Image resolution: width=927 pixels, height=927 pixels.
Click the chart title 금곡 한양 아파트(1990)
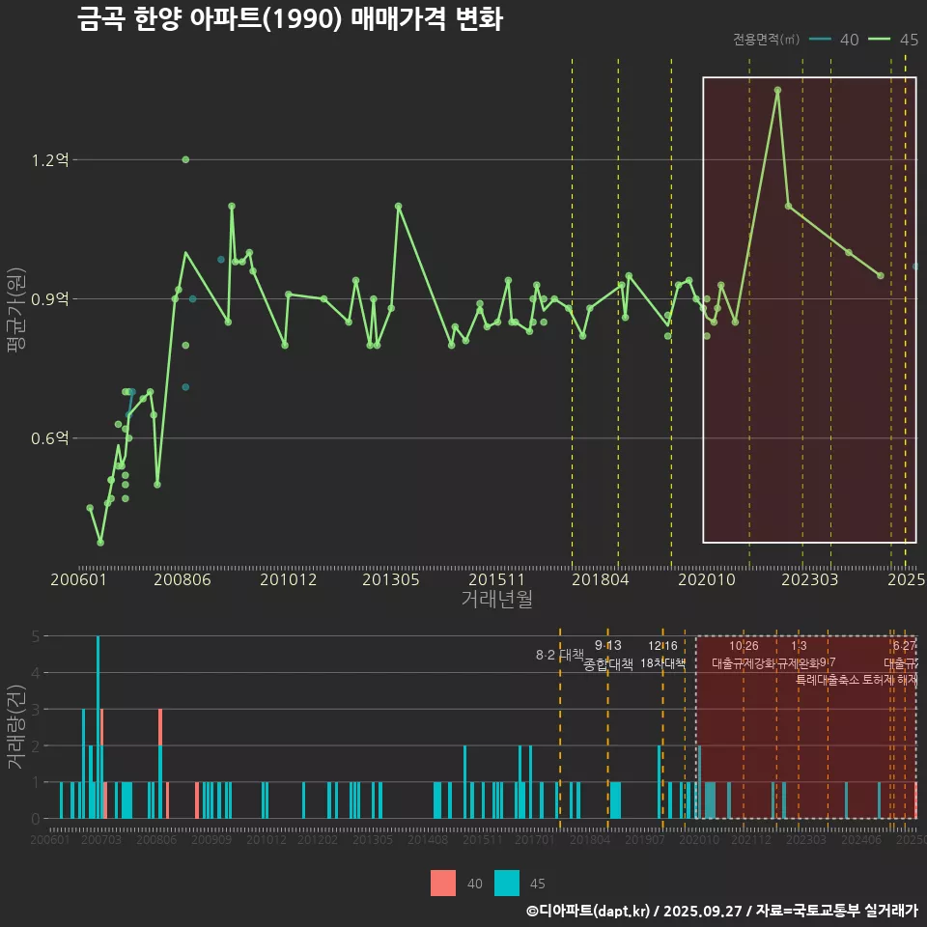290,19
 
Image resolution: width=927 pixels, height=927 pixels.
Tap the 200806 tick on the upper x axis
183,580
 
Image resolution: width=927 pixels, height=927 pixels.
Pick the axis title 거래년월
496,600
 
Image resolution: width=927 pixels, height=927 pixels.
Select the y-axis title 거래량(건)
15,727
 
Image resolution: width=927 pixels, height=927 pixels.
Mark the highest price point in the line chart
777,90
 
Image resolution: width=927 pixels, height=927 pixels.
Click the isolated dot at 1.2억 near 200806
185,159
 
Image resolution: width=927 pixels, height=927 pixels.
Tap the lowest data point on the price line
100,543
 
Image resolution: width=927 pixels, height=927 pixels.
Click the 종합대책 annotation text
608,664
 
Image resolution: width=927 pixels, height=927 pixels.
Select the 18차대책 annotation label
662,663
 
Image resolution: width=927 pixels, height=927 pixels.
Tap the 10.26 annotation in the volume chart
744,646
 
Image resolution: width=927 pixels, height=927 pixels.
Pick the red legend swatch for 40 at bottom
443,883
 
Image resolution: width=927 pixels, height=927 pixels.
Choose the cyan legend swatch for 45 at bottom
507,883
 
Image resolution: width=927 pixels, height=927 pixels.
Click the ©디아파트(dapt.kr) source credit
591,911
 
